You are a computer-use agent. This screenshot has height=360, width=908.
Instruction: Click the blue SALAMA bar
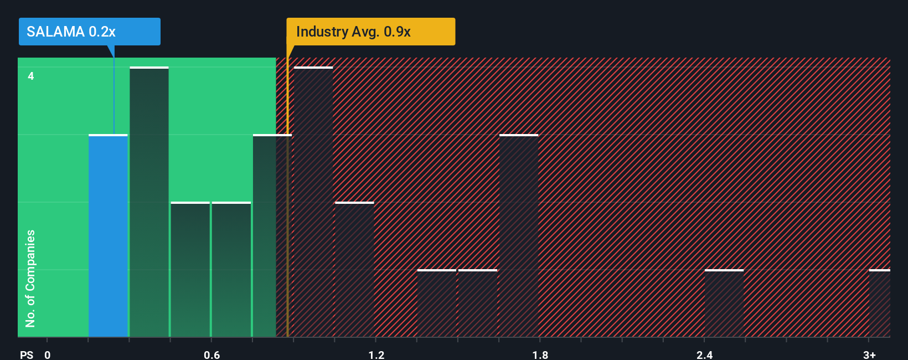pyautogui.click(x=108, y=236)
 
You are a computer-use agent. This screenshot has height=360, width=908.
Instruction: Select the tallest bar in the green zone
pyautogui.click(x=149, y=202)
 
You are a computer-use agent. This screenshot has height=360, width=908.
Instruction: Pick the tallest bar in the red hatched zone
pyautogui.click(x=313, y=202)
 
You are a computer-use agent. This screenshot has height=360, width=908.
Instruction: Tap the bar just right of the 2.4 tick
pyautogui.click(x=724, y=304)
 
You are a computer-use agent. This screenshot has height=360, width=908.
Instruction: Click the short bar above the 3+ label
pyautogui.click(x=879, y=304)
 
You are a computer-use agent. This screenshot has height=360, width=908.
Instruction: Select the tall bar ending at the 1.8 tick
pyautogui.click(x=519, y=236)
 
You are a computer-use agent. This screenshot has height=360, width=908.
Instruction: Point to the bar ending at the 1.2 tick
pyautogui.click(x=354, y=270)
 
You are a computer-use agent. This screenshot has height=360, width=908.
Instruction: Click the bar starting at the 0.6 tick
pyautogui.click(x=231, y=270)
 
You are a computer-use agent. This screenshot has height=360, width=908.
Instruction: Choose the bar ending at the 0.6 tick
pyautogui.click(x=190, y=270)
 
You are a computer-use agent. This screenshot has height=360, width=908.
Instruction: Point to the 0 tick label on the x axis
pyautogui.click(x=48, y=354)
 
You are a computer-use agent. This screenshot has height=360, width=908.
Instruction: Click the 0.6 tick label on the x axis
pyautogui.click(x=211, y=354)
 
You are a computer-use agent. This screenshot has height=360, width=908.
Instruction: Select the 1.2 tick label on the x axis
pyautogui.click(x=376, y=354)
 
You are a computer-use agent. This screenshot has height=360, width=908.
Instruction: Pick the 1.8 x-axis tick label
pyautogui.click(x=540, y=354)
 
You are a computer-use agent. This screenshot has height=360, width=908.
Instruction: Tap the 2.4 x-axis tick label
pyautogui.click(x=704, y=354)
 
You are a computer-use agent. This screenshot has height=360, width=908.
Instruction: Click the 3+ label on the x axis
pyautogui.click(x=869, y=354)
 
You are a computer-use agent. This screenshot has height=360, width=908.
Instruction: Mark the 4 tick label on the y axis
pyautogui.click(x=31, y=76)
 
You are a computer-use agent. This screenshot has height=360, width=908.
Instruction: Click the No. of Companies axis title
pyautogui.click(x=30, y=278)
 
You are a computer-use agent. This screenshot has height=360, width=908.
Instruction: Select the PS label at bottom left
pyautogui.click(x=27, y=354)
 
